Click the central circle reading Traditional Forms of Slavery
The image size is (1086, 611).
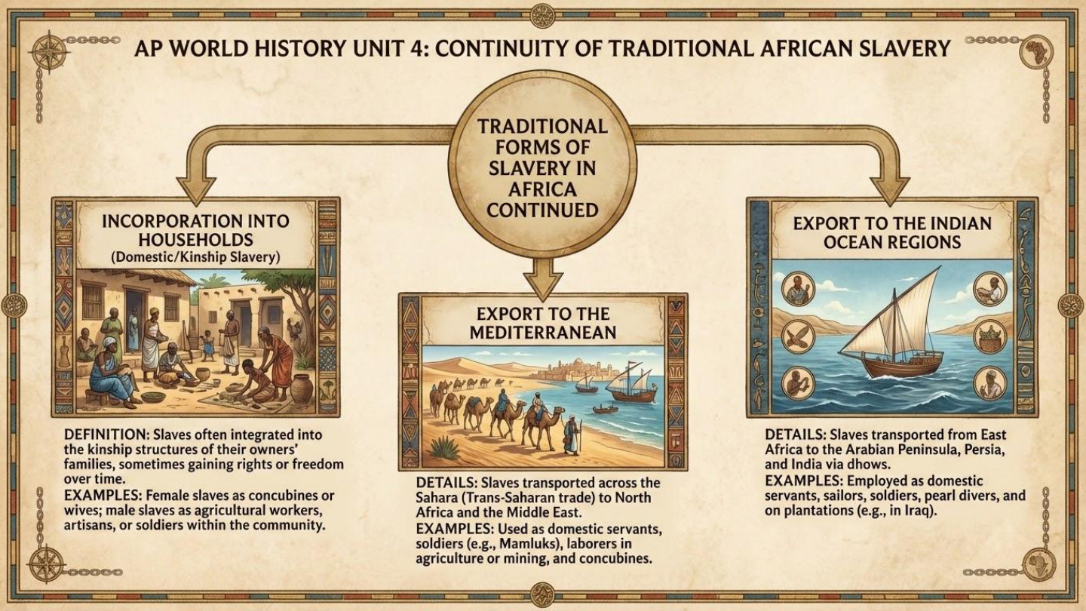(542, 167)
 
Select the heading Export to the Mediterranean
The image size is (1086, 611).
(541, 322)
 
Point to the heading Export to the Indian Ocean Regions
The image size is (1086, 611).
(891, 232)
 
